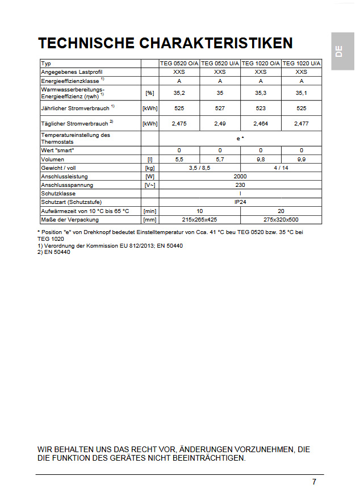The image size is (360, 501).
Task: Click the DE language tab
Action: pos(338,51)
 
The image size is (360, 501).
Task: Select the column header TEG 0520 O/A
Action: pos(179,64)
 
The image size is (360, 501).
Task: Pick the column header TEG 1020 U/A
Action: pos(302,64)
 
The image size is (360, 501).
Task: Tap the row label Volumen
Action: pos(53,160)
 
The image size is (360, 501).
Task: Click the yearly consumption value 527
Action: pos(220,108)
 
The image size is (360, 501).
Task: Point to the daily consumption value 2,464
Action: pos(261,123)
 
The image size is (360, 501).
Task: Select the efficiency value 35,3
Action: pos(261,92)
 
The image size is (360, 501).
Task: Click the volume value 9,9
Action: pos(301,160)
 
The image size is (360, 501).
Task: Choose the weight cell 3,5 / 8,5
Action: pos(199,168)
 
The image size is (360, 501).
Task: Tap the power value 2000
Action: pos(240,177)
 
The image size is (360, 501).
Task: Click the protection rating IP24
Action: pos(240,202)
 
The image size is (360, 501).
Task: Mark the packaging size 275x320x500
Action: pos(281,219)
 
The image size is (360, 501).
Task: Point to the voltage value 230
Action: pos(240,185)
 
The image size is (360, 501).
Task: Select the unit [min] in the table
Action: pos(150,211)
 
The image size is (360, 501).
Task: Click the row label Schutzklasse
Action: pos(58,194)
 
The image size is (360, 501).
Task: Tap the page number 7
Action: pos(314,482)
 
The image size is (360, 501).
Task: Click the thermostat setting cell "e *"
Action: pos(240,138)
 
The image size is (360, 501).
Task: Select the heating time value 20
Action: pos(281,211)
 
